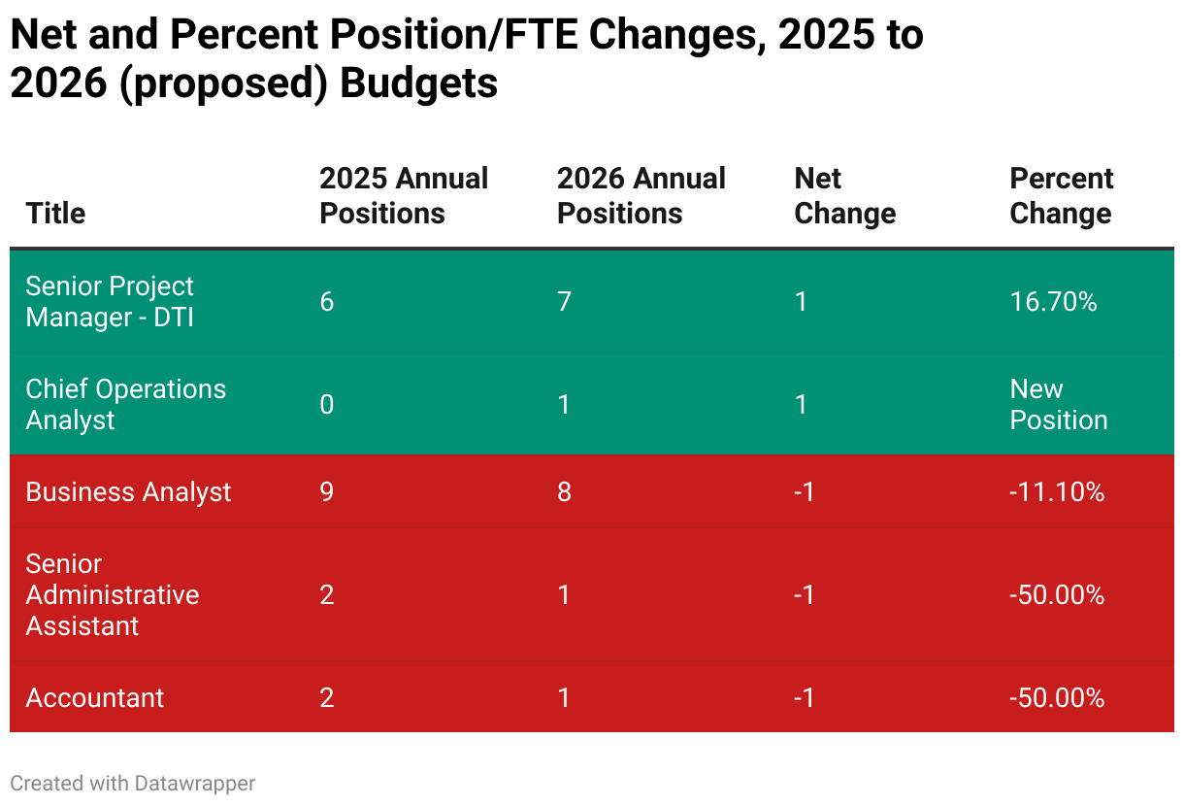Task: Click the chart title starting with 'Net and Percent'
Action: click(466, 59)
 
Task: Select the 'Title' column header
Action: click(55, 214)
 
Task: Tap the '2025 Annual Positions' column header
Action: click(404, 196)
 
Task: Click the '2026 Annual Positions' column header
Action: click(641, 196)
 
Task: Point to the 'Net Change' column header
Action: click(844, 196)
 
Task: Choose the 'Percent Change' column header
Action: click(1062, 196)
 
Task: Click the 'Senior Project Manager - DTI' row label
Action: click(110, 302)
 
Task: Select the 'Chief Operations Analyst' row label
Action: click(125, 404)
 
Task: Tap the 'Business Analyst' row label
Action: click(128, 492)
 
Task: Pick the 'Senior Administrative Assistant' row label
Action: click(112, 594)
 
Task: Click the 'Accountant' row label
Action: click(95, 698)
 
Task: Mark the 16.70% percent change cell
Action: click(1053, 302)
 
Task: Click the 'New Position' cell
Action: click(1058, 404)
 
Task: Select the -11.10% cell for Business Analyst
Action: click(1057, 492)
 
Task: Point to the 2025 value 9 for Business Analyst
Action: click(327, 492)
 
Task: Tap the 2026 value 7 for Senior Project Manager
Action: click(564, 302)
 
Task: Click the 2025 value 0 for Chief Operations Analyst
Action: click(327, 404)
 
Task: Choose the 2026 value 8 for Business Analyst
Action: click(564, 492)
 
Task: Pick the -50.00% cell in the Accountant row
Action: click(1057, 698)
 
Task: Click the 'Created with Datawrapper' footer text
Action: click(133, 783)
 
